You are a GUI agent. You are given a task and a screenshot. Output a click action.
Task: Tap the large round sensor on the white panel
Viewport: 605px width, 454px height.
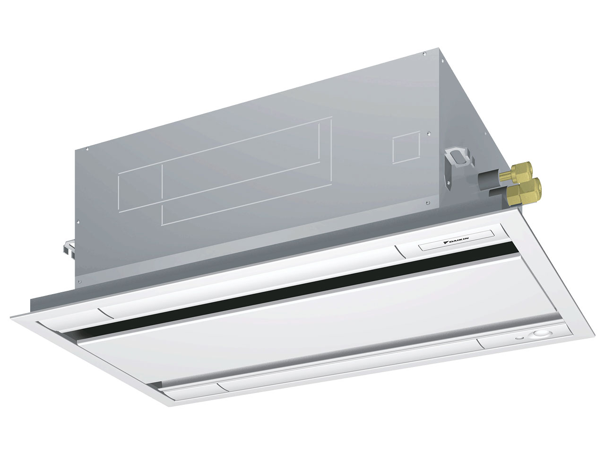(x=538, y=334)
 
